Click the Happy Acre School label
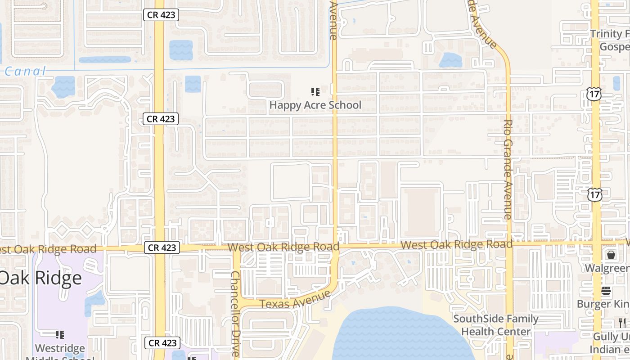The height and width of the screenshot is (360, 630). (x=315, y=105)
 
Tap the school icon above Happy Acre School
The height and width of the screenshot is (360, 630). (x=315, y=92)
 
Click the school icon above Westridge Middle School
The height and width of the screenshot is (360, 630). (x=59, y=334)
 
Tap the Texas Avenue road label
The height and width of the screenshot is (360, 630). (x=295, y=300)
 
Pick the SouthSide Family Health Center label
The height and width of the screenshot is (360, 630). (x=495, y=325)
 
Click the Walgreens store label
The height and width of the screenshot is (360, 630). (x=607, y=268)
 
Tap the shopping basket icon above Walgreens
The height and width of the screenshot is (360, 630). (x=611, y=255)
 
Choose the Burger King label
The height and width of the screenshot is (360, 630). (x=603, y=304)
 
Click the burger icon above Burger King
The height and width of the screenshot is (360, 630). (x=606, y=291)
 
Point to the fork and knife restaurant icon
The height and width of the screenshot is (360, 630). (x=622, y=322)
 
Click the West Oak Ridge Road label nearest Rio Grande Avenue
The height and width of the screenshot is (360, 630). (x=456, y=245)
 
